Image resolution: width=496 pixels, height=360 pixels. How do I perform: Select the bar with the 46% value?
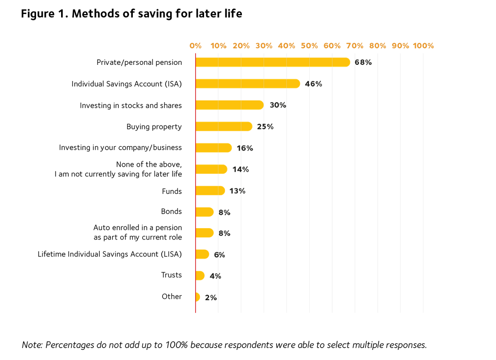[x=248, y=84]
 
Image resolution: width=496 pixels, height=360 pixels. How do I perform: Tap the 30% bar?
[x=230, y=105]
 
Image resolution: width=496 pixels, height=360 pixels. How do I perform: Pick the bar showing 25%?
[x=224, y=126]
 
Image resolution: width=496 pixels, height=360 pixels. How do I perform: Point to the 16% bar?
[x=214, y=148]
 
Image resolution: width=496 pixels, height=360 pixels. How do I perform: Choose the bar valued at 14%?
[x=211, y=169]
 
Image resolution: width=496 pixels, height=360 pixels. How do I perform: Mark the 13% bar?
[x=210, y=191]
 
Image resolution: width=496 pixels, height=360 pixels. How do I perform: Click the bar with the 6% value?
[x=202, y=254]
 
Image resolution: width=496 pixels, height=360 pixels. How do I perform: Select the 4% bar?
[x=200, y=276]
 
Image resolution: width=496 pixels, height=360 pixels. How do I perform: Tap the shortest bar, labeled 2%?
[x=198, y=297]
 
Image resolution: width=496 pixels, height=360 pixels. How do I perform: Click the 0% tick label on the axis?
[x=196, y=46]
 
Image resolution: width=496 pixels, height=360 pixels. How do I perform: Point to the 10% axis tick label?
[x=218, y=46]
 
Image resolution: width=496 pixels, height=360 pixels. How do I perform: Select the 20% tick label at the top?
[x=241, y=46]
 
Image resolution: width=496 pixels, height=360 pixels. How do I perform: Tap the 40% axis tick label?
[x=287, y=46]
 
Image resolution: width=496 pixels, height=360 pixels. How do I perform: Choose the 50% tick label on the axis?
[x=309, y=46]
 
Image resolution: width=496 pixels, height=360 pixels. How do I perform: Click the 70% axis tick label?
[x=355, y=46]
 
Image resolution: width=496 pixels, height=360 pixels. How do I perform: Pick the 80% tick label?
[x=378, y=46]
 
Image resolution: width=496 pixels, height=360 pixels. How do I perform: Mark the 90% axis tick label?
[x=401, y=46]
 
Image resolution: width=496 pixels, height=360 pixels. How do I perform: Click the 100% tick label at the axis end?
[x=423, y=46]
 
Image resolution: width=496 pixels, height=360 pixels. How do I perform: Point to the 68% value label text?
[x=364, y=63]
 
